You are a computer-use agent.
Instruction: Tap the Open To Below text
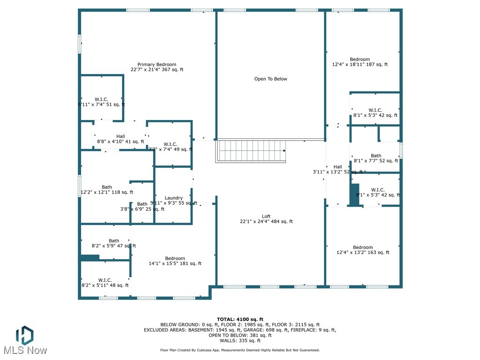(270, 79)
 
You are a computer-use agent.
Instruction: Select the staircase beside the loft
(251, 151)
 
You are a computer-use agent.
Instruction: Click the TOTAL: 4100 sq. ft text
(240, 319)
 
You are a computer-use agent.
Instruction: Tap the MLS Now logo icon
(24, 335)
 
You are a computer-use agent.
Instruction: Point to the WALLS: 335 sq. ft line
(240, 341)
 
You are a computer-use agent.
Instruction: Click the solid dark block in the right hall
(354, 194)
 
